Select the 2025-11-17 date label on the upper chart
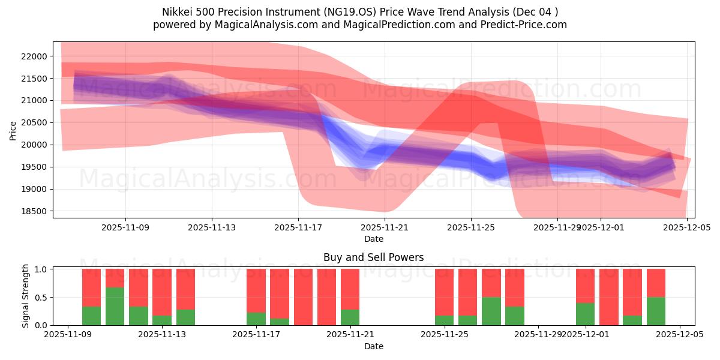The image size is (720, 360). tap(298, 228)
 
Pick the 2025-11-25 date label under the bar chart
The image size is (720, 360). tap(445, 335)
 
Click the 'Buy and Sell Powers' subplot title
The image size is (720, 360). tap(373, 257)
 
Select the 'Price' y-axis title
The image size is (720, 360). tap(13, 130)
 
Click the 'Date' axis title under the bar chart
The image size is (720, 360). tap(373, 346)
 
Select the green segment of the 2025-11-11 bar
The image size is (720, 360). tap(115, 306)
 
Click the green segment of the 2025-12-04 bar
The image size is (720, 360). tap(656, 311)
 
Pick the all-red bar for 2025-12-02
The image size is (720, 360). tap(609, 297)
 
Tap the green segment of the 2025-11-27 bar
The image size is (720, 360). tap(491, 311)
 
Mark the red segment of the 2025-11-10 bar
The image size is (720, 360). tap(91, 287)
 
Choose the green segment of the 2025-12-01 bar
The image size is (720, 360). tap(585, 314)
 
